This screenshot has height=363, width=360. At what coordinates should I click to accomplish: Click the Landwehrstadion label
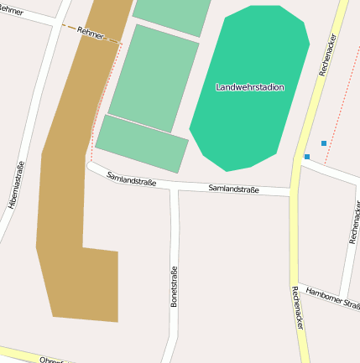point(250,87)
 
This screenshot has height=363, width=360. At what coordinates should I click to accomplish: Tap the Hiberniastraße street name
point(16,184)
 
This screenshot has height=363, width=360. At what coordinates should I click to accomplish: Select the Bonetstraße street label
point(175,287)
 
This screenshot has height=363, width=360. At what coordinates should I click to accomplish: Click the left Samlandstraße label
point(131,179)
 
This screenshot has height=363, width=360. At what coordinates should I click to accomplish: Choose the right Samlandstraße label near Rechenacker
point(233,189)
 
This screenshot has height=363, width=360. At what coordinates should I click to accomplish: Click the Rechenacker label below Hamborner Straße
point(296,307)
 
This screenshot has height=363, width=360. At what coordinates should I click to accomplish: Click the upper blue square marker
point(324,143)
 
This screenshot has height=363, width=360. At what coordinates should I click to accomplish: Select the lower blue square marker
point(307,157)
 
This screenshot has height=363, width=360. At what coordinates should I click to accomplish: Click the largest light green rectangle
point(154,78)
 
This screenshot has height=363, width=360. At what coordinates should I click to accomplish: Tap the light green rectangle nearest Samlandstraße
point(141,143)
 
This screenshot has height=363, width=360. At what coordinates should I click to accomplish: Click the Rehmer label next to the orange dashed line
point(90,33)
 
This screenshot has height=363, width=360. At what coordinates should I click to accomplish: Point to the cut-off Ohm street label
point(51,360)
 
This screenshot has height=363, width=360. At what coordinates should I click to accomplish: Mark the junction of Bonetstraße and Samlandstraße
point(174,188)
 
